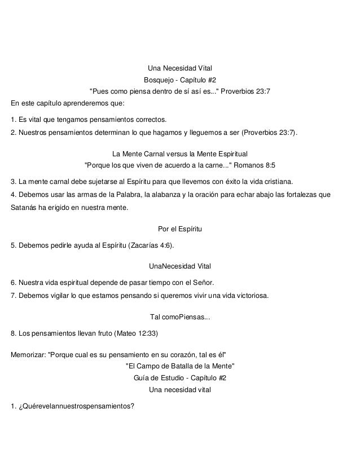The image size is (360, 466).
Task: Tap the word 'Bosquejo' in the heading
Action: click(x=160, y=80)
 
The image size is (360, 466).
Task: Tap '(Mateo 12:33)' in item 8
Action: click(x=137, y=333)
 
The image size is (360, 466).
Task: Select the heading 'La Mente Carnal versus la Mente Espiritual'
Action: click(x=179, y=153)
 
